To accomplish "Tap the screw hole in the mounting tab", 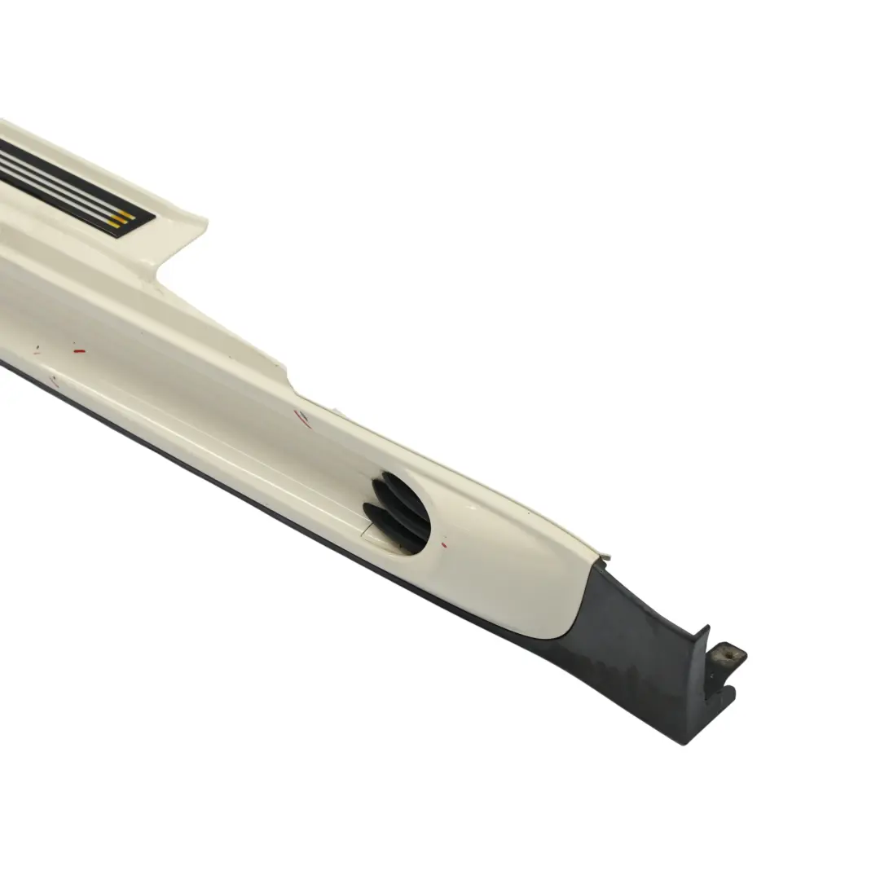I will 720,653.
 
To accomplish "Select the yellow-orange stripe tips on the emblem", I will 122,219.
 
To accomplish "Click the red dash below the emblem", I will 78,350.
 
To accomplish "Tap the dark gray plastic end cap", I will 644,652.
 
